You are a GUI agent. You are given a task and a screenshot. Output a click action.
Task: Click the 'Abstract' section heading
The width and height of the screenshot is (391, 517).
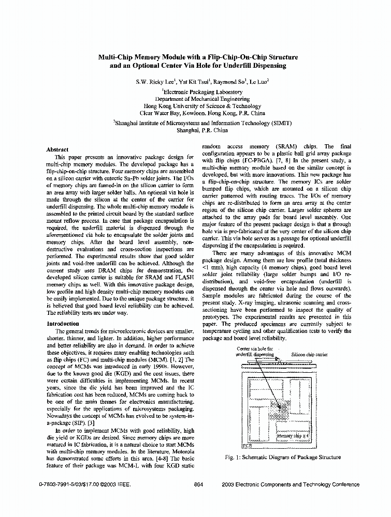pos(57,149)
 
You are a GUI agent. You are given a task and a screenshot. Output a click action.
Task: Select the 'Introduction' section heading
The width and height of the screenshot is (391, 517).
pos(63,324)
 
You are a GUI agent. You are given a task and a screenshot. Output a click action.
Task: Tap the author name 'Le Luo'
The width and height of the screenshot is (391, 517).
pos(258,82)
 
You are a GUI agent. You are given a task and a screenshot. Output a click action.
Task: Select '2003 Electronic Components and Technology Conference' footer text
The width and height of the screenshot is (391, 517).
pos(290,484)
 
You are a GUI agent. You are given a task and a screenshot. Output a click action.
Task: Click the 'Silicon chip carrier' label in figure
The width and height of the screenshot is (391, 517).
pos(309,355)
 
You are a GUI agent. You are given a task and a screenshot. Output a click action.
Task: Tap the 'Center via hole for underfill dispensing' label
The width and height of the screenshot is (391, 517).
pos(255,352)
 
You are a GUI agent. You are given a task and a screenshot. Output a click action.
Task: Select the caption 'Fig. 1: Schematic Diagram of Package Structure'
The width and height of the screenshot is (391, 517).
pos(283,457)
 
